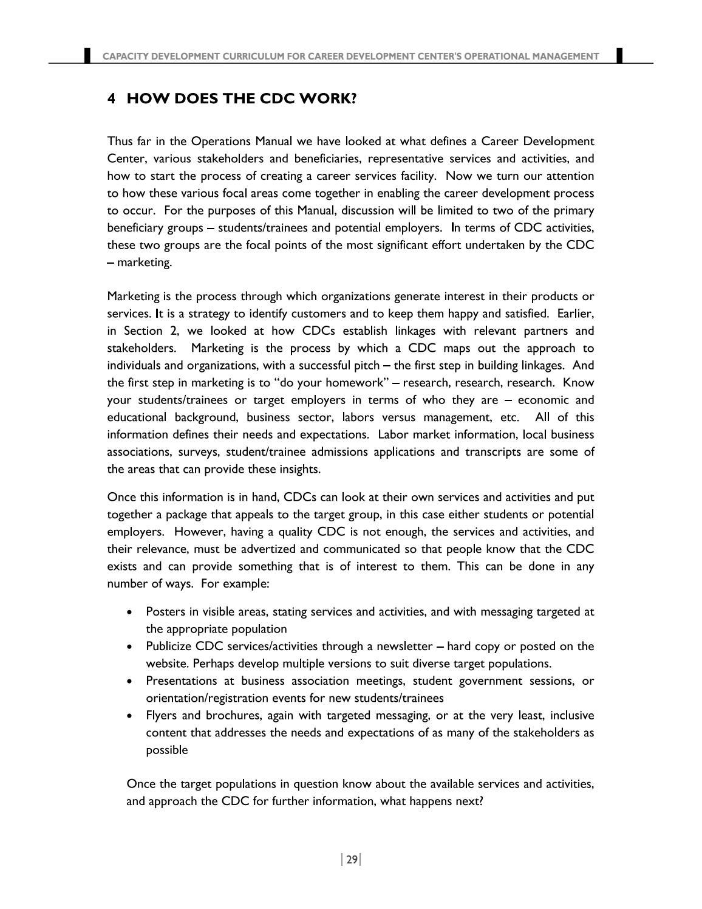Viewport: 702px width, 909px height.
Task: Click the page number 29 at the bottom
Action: coord(352,859)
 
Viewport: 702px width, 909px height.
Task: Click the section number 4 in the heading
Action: coord(111,98)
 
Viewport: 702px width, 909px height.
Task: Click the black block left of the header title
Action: coord(87,55)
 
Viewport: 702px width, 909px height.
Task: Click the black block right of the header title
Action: coord(619,55)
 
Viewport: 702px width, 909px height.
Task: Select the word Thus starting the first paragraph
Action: coord(119,142)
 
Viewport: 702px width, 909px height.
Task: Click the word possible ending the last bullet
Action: coord(166,750)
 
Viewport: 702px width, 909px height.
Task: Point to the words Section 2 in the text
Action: coord(143,331)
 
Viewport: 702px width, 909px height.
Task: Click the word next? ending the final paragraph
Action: coord(469,801)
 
